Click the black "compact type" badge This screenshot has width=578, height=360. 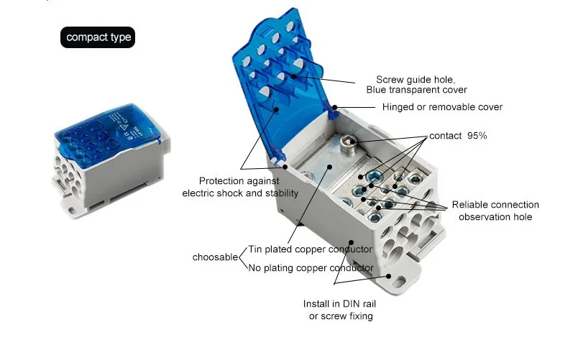tap(98, 37)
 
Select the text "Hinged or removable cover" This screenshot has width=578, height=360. tap(442, 107)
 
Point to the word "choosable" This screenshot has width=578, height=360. tap(214, 257)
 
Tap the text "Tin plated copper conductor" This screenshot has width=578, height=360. tap(310, 249)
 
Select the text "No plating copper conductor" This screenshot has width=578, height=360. tap(311, 268)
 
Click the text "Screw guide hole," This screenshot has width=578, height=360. tap(416, 79)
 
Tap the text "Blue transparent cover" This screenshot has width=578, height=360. tap(416, 90)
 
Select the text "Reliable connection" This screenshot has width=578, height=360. tap(495, 205)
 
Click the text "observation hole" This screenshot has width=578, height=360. tap(495, 216)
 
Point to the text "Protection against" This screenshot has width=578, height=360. tap(239, 181)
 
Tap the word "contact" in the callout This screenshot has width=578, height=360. tap(445, 135)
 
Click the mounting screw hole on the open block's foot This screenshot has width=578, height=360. tap(389, 275)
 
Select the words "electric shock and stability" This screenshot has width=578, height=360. tap(239, 193)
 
